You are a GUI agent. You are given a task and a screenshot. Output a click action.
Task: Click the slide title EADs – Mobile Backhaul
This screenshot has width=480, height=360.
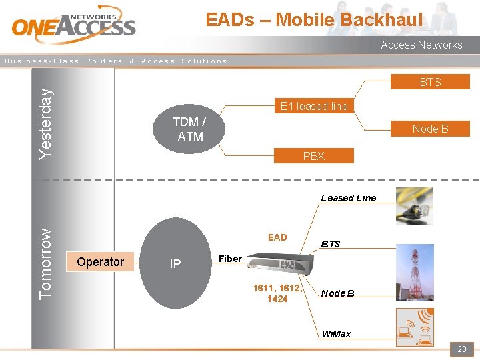pyautogui.click(x=314, y=20)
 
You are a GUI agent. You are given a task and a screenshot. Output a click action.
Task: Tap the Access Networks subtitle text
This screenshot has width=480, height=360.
pyautogui.click(x=421, y=45)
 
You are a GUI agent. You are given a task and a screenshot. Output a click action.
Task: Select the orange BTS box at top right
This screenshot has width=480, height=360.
pyautogui.click(x=430, y=82)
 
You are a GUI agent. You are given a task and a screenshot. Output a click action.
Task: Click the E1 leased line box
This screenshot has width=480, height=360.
pyautogui.click(x=314, y=106)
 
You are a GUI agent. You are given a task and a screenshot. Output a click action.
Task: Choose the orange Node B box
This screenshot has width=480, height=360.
pyautogui.click(x=430, y=129)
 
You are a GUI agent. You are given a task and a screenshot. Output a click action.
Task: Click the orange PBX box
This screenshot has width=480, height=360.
pyautogui.click(x=313, y=156)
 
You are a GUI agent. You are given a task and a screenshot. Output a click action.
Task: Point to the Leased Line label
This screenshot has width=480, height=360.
pyautogui.click(x=348, y=198)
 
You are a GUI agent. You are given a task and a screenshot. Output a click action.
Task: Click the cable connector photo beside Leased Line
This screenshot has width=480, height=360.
pyautogui.click(x=414, y=206)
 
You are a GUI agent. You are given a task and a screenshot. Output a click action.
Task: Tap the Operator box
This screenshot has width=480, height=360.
pyautogui.click(x=100, y=262)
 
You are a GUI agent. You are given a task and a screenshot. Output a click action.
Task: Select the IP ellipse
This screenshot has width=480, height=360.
pyautogui.click(x=175, y=263)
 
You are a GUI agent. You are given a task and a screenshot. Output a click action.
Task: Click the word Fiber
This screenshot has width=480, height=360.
pyautogui.click(x=230, y=259)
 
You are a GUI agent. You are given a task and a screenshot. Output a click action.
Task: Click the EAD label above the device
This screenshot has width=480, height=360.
pyautogui.click(x=277, y=237)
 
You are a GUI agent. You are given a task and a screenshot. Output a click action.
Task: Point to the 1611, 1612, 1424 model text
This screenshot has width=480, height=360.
pyautogui.click(x=277, y=293)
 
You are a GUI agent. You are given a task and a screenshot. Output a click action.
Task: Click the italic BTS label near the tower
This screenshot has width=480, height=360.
pyautogui.click(x=331, y=244)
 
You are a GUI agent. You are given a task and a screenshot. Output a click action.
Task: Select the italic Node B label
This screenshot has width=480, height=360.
pyautogui.click(x=337, y=293)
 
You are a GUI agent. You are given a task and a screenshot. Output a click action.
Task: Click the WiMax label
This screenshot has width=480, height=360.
pyautogui.click(x=336, y=334)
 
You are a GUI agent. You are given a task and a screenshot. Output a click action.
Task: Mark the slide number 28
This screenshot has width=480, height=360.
pyautogui.click(x=461, y=349)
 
